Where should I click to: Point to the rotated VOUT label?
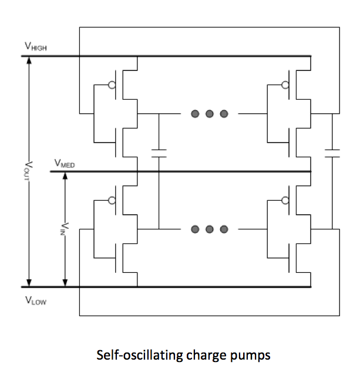tap(30, 171)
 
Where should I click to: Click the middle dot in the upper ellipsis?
tap(209, 114)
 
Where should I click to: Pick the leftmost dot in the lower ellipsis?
tap(195, 229)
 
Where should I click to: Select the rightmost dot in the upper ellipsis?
tap(224, 114)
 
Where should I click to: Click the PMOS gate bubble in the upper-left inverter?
tap(112, 85)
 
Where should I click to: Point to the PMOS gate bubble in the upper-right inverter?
tap(285, 85)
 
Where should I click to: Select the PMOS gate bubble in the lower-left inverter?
tap(112, 201)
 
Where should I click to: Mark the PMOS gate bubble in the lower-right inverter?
tap(285, 201)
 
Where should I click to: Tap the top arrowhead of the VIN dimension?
tap(65, 177)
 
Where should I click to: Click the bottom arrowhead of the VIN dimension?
tap(65, 282)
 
